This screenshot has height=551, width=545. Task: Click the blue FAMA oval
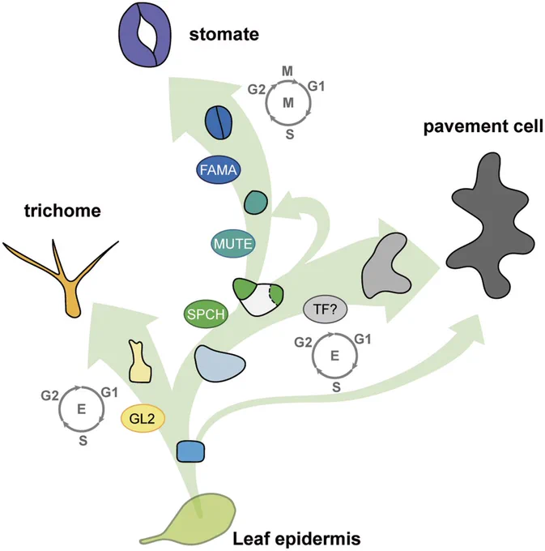pos(218,170)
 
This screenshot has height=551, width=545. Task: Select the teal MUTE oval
pos(232,244)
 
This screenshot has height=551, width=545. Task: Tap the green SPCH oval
pos(207,314)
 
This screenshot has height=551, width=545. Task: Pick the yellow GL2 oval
pos(143,418)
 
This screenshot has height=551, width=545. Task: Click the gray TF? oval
pos(326,310)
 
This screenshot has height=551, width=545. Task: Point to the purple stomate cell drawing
pos(145,36)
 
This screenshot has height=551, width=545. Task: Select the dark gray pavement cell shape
pos(490,225)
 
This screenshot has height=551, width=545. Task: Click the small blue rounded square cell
pos(190,451)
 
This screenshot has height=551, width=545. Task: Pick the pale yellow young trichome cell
pos(140,362)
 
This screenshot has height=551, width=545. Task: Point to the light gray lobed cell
pos(385,265)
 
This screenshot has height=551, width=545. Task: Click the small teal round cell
pos(256,202)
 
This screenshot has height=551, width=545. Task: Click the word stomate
pos(224,35)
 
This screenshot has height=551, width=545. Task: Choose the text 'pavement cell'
pos(483,127)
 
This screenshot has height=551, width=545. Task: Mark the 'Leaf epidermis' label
pos(296,539)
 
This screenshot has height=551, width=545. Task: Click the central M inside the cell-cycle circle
pos(288,103)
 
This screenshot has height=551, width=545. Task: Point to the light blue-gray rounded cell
pos(219,364)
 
